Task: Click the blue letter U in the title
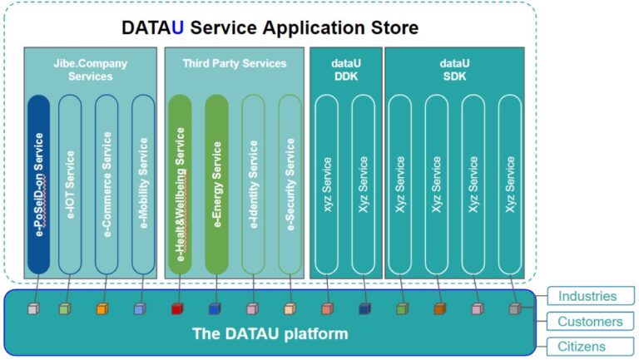pos(178,27)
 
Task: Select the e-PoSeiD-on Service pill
pos(39,184)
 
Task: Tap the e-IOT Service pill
pos(70,184)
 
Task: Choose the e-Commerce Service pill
pos(106,184)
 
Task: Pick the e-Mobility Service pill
pos(143,184)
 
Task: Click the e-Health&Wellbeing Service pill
pos(180,184)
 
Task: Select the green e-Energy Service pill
pos(216,184)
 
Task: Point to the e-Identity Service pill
pos(253,184)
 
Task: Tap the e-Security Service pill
pos(290,184)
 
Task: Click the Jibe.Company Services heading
pos(91,70)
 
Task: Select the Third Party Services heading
pos(235,63)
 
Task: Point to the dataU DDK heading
pos(346,70)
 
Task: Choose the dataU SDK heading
pos(454,70)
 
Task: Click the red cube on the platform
pos(177,309)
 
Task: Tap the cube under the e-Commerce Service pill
pos(102,309)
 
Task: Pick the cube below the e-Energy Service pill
pos(215,309)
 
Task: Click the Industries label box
pos(591,296)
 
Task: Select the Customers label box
pos(591,321)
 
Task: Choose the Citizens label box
pos(591,346)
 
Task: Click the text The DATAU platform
pos(270,334)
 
